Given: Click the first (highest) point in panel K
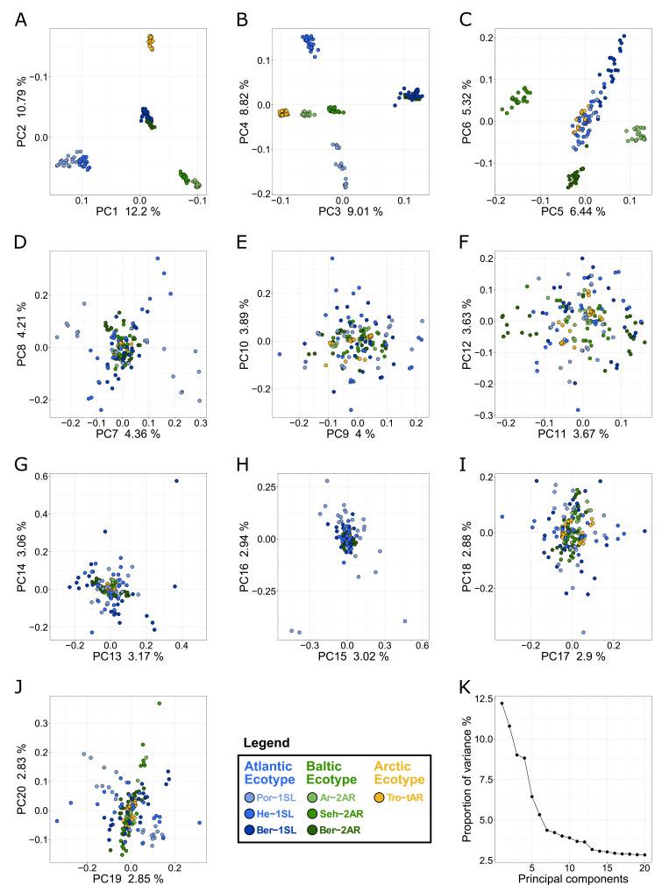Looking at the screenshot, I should [502, 703].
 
